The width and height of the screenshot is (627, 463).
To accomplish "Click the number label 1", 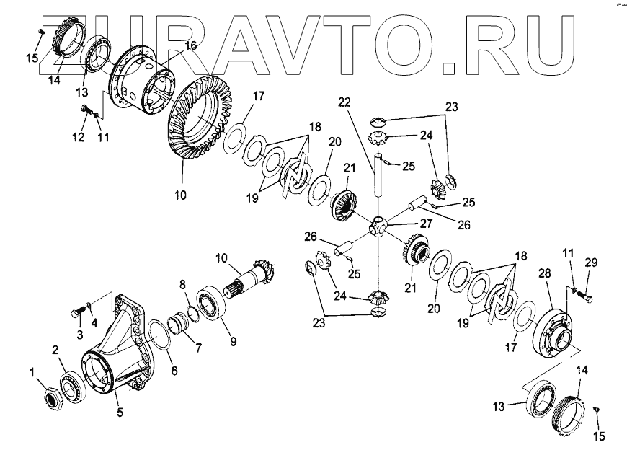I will (32, 373).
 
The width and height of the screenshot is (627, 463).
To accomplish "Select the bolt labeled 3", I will (75, 312).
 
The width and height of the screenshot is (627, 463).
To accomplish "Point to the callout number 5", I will (120, 413).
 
